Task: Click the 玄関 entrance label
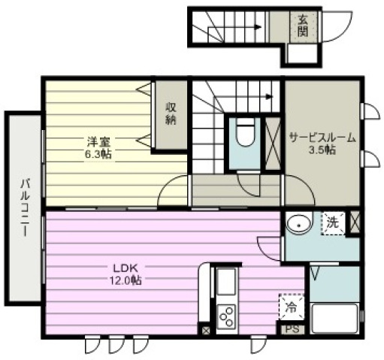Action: point(303,26)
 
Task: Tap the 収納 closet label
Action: point(171,114)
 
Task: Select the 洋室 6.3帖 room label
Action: point(98,148)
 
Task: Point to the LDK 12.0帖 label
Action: point(125,274)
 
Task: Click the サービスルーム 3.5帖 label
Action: point(322,144)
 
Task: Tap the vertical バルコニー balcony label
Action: point(25,207)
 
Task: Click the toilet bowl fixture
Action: point(246,132)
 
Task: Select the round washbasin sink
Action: point(299,223)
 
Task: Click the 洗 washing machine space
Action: point(333,223)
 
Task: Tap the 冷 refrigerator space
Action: point(292,307)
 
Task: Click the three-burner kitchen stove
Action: point(227,316)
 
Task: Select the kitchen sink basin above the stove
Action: point(226,281)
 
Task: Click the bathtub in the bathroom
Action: point(335,318)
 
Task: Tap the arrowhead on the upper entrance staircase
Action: point(258,27)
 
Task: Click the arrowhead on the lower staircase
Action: point(270,96)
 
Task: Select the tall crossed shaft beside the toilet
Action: point(273,144)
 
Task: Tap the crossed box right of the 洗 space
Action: point(355,222)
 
